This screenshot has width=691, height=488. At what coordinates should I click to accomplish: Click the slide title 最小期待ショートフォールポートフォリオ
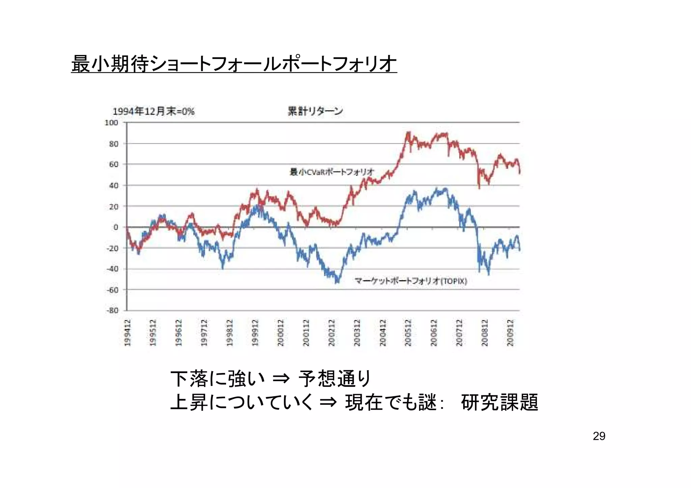(x=234, y=64)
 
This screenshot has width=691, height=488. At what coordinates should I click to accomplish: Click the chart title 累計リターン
(x=315, y=111)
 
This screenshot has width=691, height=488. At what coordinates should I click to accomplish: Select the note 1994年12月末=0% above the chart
(x=154, y=111)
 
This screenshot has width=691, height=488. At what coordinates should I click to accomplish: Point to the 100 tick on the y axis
(x=111, y=123)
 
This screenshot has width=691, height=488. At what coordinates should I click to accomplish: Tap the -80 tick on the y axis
(x=112, y=310)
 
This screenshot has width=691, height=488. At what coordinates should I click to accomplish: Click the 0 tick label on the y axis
(x=116, y=227)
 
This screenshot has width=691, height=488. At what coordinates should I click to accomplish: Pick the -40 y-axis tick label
(x=112, y=269)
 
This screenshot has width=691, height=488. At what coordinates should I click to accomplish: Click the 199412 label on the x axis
(x=128, y=333)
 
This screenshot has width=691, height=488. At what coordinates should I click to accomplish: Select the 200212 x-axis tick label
(x=332, y=333)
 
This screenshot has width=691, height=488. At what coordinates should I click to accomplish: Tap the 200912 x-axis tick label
(x=510, y=333)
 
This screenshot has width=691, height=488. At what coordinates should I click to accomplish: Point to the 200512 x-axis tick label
(x=408, y=333)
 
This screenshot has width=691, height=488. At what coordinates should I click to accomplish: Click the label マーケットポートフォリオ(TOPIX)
(x=411, y=281)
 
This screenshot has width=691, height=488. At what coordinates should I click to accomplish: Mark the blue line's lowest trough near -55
(x=337, y=282)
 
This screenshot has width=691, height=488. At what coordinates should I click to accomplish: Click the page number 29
(x=599, y=436)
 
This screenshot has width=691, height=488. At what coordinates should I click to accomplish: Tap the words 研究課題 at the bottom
(x=499, y=402)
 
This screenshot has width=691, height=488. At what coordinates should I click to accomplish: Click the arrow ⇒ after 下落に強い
(x=281, y=379)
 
